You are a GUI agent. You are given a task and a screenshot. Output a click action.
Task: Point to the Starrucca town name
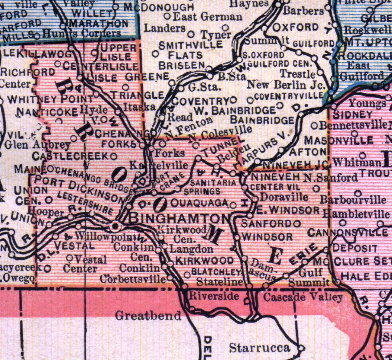coord(260,348)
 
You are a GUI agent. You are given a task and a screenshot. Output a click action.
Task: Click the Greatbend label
coord(148,316)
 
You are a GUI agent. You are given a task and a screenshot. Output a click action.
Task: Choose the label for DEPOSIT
coord(355,248)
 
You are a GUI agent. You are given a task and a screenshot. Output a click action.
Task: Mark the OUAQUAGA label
coord(200,203)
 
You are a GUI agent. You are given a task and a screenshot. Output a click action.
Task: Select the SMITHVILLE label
coord(190,45)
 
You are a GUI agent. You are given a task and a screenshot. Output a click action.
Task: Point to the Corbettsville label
coord(133,279)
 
